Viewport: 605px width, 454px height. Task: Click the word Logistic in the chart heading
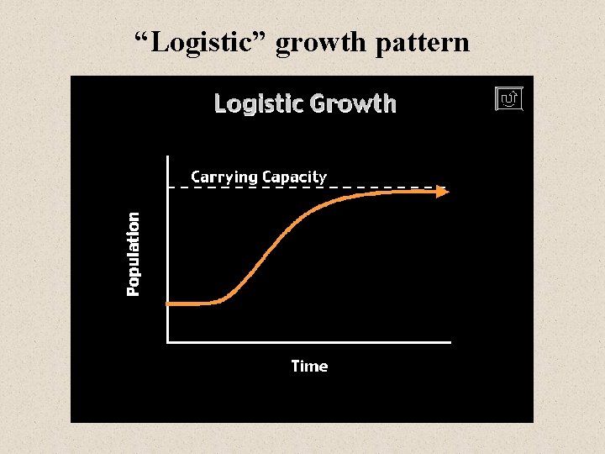pos(259,104)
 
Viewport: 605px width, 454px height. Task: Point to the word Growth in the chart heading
pos(353,104)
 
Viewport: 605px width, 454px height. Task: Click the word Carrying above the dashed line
pos(224,177)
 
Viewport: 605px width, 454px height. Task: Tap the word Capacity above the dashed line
pos(294,177)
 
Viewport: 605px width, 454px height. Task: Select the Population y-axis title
pos(134,253)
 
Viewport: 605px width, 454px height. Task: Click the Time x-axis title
pos(309,366)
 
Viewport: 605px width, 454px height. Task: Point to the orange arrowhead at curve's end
pos(443,192)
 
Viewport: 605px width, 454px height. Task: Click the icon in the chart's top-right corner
pos(509,99)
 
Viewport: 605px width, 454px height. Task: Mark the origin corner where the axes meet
pos(168,342)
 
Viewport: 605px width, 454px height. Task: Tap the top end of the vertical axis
pos(168,158)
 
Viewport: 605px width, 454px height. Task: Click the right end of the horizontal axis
pos(450,342)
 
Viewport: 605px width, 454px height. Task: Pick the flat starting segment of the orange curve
pos(192,303)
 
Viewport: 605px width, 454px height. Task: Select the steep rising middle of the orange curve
pos(269,248)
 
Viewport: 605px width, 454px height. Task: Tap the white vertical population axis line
pos(168,252)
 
